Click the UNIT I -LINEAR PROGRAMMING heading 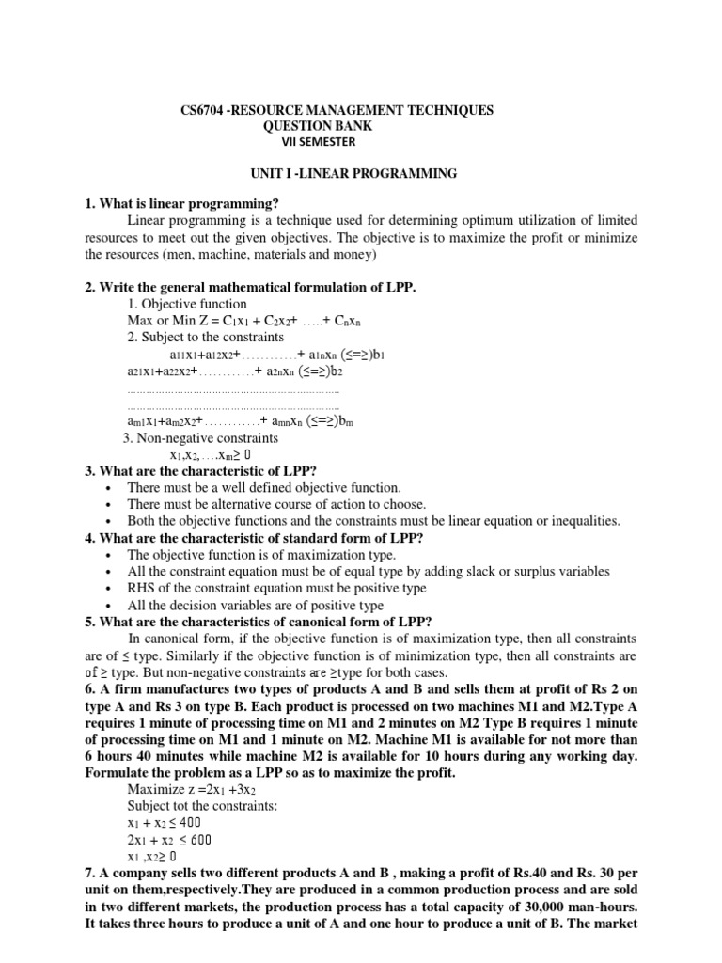pyautogui.click(x=351, y=173)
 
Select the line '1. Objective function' pyautogui.click(x=186, y=304)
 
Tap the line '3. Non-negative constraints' pyautogui.click(x=200, y=438)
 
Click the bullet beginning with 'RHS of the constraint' pyautogui.click(x=276, y=588)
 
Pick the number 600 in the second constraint pyautogui.click(x=201, y=840)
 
